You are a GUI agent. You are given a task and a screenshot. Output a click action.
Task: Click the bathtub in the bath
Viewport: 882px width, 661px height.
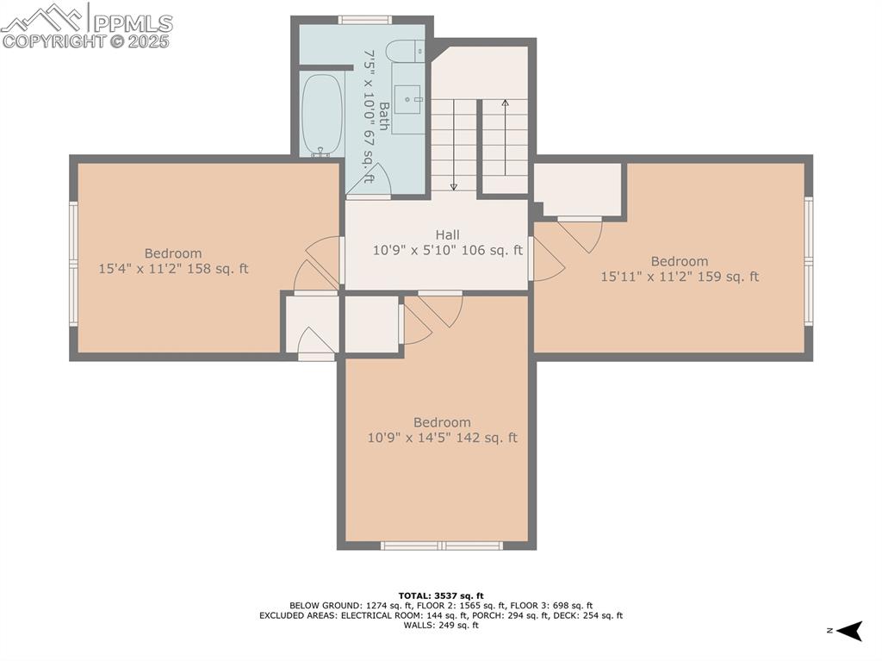[x=322, y=115]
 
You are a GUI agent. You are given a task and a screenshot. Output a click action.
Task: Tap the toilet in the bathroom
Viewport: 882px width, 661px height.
[x=405, y=52]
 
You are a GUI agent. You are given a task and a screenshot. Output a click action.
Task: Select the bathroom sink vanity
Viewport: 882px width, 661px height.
[x=408, y=109]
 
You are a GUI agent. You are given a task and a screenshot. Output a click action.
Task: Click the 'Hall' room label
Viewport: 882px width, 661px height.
[x=447, y=234]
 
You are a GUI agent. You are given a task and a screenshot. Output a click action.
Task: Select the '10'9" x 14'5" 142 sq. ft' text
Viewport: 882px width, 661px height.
[x=442, y=438]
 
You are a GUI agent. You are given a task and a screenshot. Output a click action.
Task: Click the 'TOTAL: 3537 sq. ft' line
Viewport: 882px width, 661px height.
[x=441, y=596]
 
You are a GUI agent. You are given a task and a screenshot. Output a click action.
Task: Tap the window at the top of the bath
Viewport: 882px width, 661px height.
[x=364, y=20]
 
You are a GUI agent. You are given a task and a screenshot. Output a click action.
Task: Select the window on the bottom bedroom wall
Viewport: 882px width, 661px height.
[x=441, y=545]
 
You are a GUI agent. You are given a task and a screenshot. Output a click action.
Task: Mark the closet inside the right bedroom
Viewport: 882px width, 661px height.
[x=577, y=190]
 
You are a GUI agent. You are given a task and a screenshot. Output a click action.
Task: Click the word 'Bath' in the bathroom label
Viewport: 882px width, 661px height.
[x=383, y=116]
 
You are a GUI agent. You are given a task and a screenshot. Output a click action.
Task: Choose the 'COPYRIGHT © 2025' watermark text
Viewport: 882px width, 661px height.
[x=86, y=41]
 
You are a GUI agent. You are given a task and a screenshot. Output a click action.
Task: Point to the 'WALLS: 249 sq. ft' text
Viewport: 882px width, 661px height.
[x=441, y=626]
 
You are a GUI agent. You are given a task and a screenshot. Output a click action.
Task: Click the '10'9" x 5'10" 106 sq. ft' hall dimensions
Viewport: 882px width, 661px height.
[x=447, y=251]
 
